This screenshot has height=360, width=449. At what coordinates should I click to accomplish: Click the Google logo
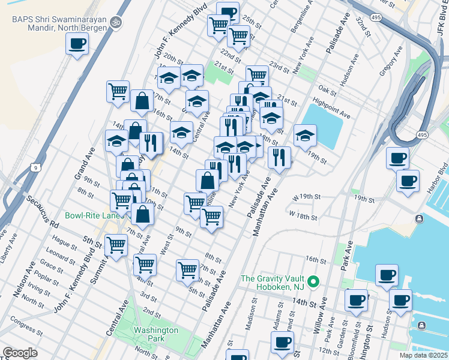20,353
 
